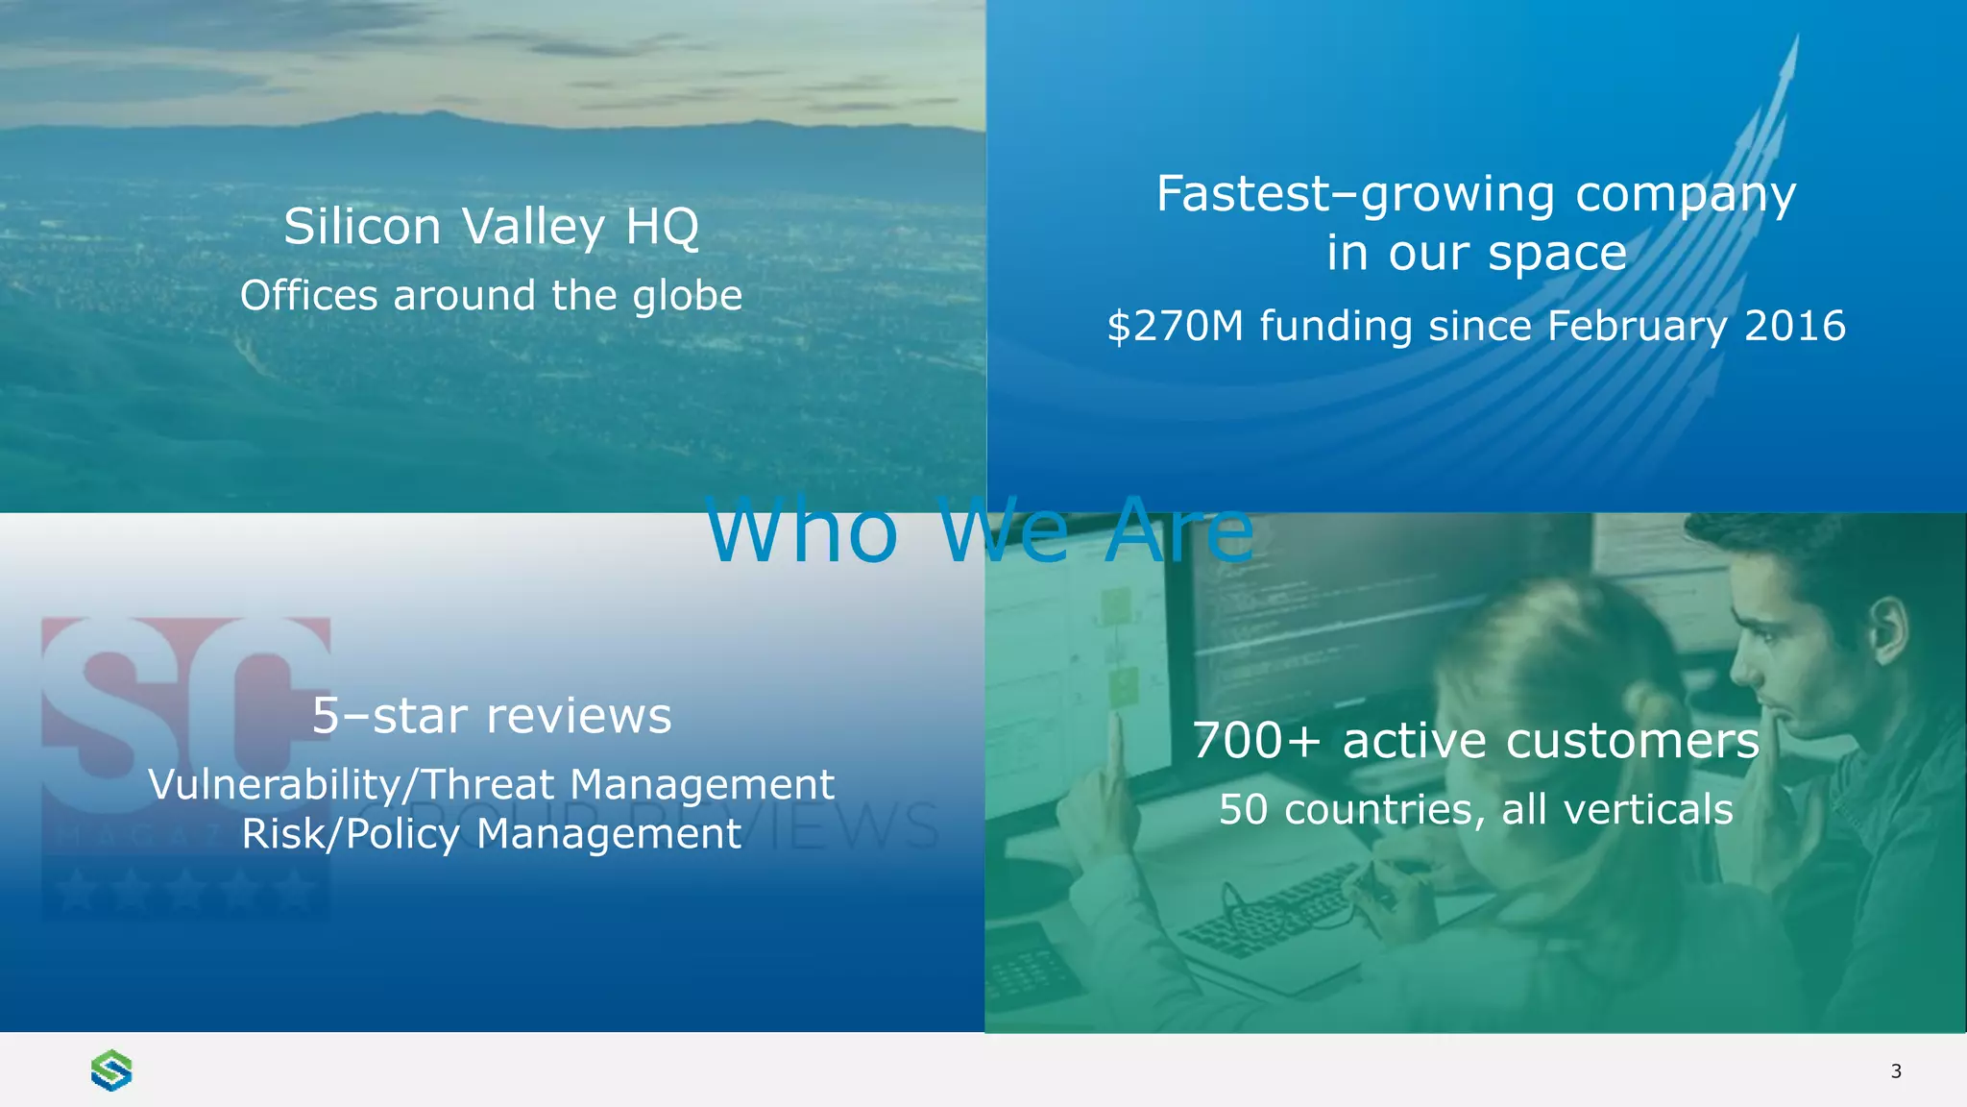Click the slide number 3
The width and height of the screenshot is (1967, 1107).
tap(1895, 1071)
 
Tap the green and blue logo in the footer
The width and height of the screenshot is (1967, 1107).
tap(111, 1070)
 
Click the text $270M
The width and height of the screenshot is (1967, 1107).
tap(1175, 327)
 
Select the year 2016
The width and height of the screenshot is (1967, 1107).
tap(1794, 327)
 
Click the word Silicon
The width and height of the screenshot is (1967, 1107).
tap(362, 227)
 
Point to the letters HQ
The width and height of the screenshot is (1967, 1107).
tap(662, 227)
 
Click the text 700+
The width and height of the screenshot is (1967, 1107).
tap(1256, 741)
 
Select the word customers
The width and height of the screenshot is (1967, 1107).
tap(1632, 741)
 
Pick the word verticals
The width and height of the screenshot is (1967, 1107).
tap(1647, 809)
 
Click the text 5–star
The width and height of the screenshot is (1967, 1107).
tap(389, 716)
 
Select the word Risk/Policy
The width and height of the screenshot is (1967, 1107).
tap(351, 834)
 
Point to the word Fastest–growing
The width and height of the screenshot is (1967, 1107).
tap(1354, 195)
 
